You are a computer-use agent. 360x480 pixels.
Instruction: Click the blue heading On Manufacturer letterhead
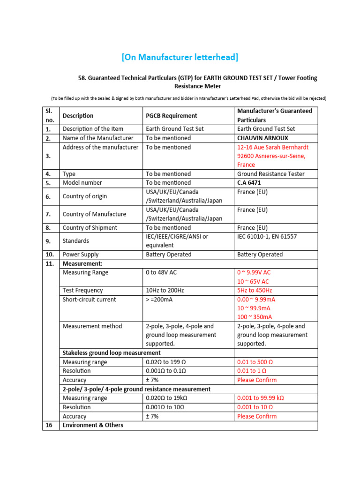tap(180, 57)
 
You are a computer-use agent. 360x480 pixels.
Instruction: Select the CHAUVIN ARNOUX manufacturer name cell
tap(262, 138)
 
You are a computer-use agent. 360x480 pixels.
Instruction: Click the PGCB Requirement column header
tap(171, 116)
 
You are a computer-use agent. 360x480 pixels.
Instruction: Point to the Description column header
tap(78, 116)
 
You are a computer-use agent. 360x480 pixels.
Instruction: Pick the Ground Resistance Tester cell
tap(270, 174)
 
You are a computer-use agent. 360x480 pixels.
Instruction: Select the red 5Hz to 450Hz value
tap(255, 291)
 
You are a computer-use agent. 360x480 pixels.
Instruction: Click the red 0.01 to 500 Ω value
tap(255, 362)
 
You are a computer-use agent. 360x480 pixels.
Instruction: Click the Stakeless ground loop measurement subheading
tap(112, 353)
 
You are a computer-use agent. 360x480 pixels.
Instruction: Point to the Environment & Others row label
tap(93, 425)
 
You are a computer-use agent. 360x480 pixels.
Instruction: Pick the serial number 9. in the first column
tap(48, 241)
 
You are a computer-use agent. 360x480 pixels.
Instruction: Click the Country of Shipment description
tap(90, 228)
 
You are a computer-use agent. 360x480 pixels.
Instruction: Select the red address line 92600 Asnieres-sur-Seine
tap(271, 156)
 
